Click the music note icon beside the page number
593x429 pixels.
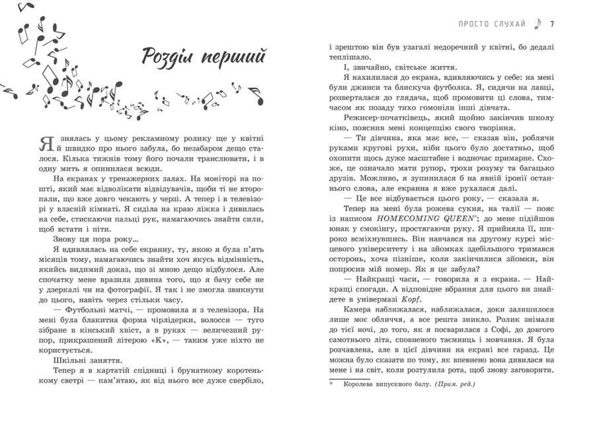coord(538,24)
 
